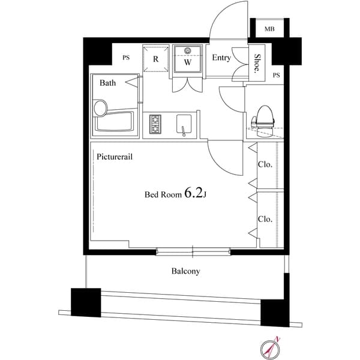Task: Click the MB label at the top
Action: click(269, 29)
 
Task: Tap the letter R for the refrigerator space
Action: click(155, 59)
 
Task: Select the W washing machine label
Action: click(188, 62)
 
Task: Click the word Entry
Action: click(221, 58)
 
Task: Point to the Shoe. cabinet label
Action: click(257, 64)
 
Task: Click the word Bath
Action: click(107, 83)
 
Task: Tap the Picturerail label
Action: click(115, 157)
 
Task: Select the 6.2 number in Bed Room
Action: click(194, 193)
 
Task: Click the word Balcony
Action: click(185, 271)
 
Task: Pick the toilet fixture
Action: click(263, 121)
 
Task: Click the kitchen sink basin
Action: click(184, 124)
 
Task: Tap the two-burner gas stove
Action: click(155, 124)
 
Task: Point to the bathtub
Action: click(114, 121)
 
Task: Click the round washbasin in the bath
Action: click(101, 108)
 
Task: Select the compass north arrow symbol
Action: click(271, 348)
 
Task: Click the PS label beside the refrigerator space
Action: click(126, 58)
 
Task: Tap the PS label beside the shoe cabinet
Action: click(277, 75)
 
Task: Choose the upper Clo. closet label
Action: click(265, 164)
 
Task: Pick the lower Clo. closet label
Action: click(265, 219)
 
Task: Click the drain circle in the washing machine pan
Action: click(188, 51)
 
